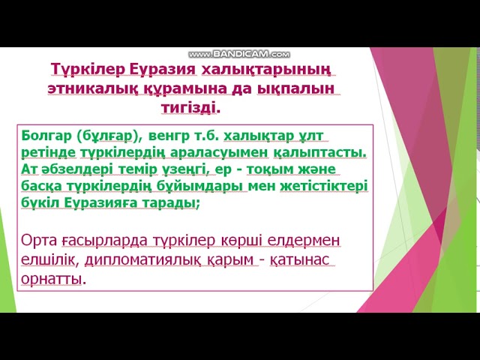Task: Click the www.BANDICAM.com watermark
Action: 239,55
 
